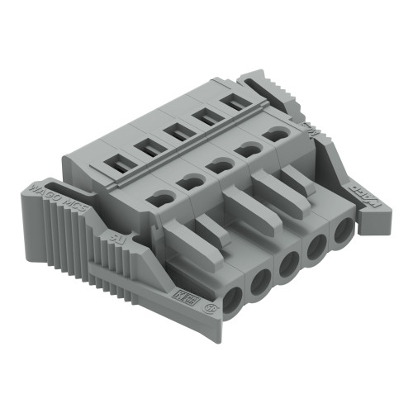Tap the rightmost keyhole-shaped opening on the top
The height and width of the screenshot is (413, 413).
tap(273, 135)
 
